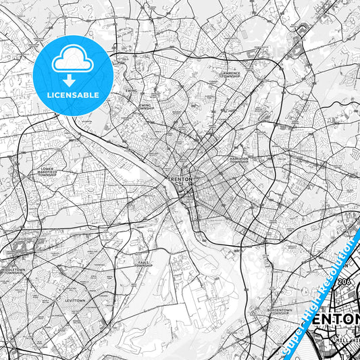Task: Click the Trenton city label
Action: (180, 179)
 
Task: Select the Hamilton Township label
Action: (239, 160)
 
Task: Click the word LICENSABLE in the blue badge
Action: (73, 95)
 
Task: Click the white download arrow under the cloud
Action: (72, 80)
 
